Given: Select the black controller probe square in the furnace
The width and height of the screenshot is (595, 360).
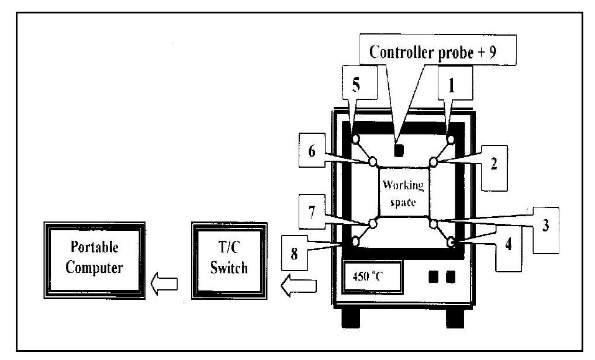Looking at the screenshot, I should coord(400,151).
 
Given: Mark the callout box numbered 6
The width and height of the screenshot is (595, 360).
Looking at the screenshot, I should coord(312,151).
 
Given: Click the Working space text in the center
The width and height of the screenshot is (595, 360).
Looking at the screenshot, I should coord(404,193).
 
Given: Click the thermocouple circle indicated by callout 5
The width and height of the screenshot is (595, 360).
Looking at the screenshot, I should coord(356,139).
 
